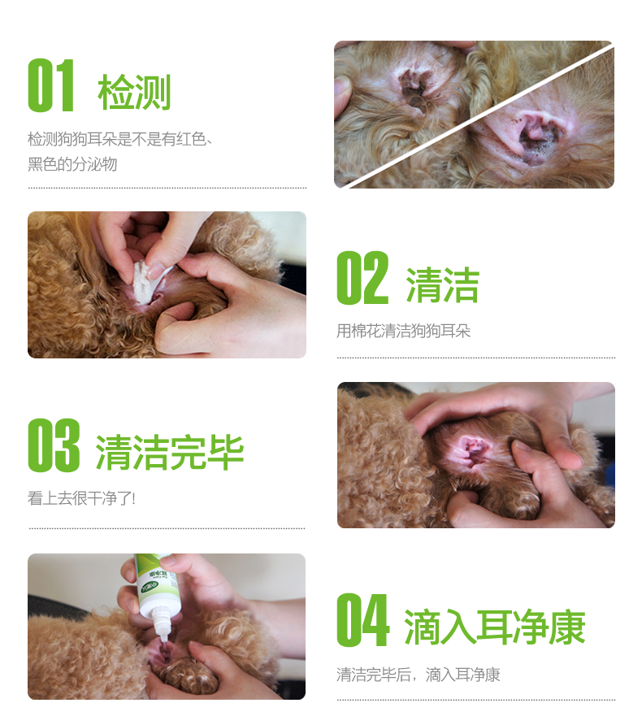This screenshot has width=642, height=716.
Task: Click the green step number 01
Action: (x=51, y=85)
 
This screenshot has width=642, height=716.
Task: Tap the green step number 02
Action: (x=362, y=278)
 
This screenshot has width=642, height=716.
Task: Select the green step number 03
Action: (x=54, y=445)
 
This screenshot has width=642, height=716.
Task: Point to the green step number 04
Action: (x=363, y=619)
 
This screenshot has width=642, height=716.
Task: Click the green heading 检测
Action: (x=134, y=92)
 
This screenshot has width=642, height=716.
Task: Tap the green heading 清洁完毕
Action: (x=170, y=452)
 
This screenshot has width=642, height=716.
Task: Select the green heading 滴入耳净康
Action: (x=495, y=627)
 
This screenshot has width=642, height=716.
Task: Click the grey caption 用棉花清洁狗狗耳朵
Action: (x=403, y=331)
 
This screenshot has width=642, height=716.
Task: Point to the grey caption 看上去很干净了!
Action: (x=81, y=498)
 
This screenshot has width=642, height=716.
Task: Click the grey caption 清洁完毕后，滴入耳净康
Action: (x=419, y=675)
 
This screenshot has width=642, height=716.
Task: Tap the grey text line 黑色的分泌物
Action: (x=72, y=164)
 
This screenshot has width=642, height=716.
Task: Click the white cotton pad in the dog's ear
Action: (x=147, y=282)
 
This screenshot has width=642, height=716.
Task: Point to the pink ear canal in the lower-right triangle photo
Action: (x=540, y=135)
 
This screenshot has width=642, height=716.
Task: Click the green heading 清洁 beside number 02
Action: (x=442, y=285)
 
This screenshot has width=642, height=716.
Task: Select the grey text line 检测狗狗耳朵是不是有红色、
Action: (x=120, y=139)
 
